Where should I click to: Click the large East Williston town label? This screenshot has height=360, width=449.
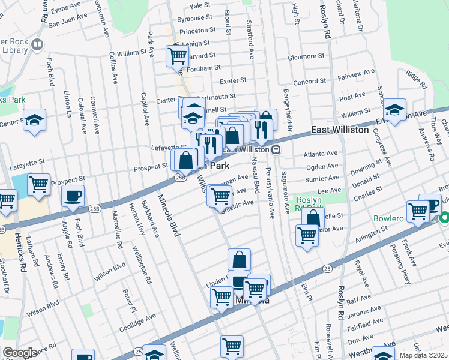340,130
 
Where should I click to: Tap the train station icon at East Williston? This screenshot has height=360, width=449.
276,149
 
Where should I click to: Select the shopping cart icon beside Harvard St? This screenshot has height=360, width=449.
177,56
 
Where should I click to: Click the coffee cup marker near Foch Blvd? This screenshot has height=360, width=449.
73,195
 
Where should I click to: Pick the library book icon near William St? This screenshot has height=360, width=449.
37,45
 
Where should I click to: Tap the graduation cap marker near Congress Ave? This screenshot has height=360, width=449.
394,110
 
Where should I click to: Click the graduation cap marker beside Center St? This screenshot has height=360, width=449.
34,119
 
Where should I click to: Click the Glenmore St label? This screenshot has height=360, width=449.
306,56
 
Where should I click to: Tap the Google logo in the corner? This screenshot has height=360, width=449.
19,353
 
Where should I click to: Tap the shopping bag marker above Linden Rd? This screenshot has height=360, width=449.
239,259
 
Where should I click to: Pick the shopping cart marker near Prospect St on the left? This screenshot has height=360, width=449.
38,184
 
